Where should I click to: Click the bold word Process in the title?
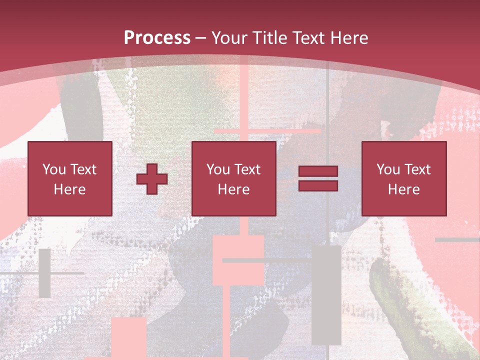(157, 38)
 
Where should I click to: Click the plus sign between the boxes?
(152, 178)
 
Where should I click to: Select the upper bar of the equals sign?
(318, 171)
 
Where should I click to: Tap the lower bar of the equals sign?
(318, 185)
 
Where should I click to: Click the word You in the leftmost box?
(54, 169)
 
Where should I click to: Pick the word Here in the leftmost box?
(69, 189)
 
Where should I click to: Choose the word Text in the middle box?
(247, 169)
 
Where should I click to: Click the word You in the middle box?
(218, 169)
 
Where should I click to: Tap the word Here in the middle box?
(233, 189)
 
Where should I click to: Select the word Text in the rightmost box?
(417, 169)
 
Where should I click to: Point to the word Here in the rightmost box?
(403, 189)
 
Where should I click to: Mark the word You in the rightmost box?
(388, 169)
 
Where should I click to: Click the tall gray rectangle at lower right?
(326, 295)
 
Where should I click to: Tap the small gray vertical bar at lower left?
(44, 273)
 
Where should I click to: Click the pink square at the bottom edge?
(128, 337)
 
